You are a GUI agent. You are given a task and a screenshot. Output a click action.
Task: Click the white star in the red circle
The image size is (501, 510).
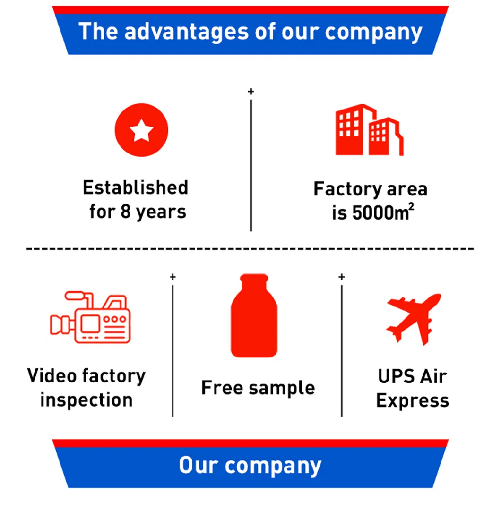(x=141, y=130)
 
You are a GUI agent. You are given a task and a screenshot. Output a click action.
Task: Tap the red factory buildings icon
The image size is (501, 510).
(x=369, y=131)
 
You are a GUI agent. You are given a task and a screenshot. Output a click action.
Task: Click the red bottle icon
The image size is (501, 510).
(x=253, y=316)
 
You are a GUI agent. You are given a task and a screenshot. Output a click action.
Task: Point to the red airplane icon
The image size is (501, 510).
(x=413, y=317)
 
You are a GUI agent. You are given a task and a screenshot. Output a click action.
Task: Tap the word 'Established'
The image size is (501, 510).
(x=135, y=187)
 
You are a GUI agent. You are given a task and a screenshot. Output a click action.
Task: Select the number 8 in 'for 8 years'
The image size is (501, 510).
(x=125, y=211)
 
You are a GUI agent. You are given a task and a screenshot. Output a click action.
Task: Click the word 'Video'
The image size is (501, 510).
(x=52, y=376)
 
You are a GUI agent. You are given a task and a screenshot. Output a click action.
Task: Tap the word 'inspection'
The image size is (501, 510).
(x=86, y=400)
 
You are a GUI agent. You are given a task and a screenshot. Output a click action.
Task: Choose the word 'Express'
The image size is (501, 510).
(x=412, y=400)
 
